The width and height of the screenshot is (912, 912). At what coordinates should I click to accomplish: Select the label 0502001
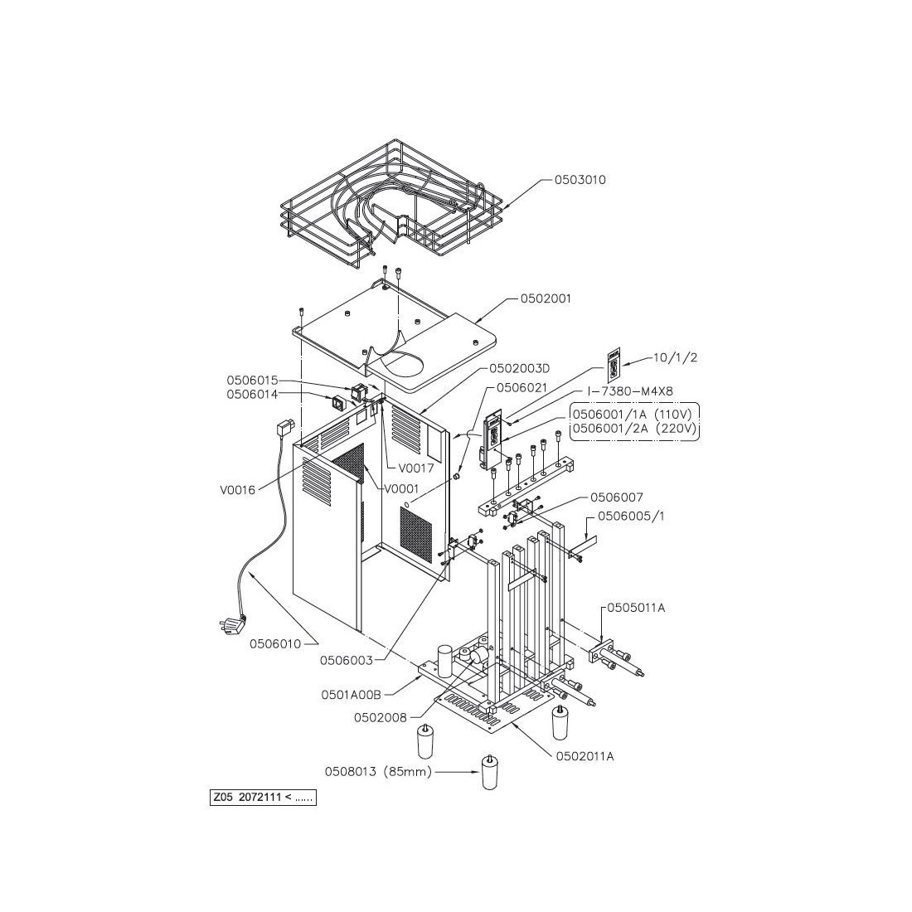click(546, 298)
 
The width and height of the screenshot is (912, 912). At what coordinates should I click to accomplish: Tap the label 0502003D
click(521, 367)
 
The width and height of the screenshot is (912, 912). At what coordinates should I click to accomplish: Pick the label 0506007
click(616, 497)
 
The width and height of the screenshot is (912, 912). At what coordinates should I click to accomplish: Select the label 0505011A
click(637, 608)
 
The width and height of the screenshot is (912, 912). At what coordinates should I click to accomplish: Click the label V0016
click(238, 489)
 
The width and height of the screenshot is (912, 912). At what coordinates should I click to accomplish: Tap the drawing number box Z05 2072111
click(263, 798)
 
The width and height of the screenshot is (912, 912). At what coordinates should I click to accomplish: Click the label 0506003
click(347, 661)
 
